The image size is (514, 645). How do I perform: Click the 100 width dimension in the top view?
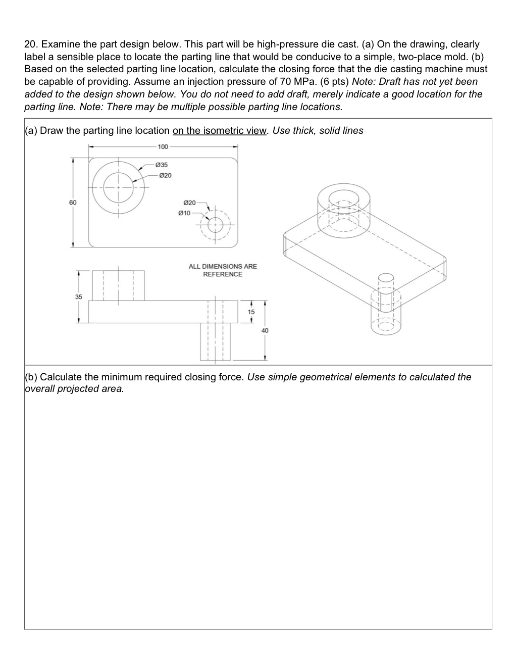162,147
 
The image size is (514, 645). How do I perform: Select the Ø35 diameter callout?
162,165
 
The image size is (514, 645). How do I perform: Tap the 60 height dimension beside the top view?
73,202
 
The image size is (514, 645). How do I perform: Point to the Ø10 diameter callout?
184,213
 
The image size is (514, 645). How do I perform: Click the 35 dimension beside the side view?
78,296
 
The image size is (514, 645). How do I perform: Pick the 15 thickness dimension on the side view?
251,312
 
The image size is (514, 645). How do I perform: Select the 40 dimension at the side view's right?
265,330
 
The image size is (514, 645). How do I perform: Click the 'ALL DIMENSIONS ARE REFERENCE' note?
222,270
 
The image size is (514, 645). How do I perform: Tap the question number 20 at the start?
30,44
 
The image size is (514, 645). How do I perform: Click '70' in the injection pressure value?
284,81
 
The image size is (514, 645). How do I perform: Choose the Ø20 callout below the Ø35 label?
165,175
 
